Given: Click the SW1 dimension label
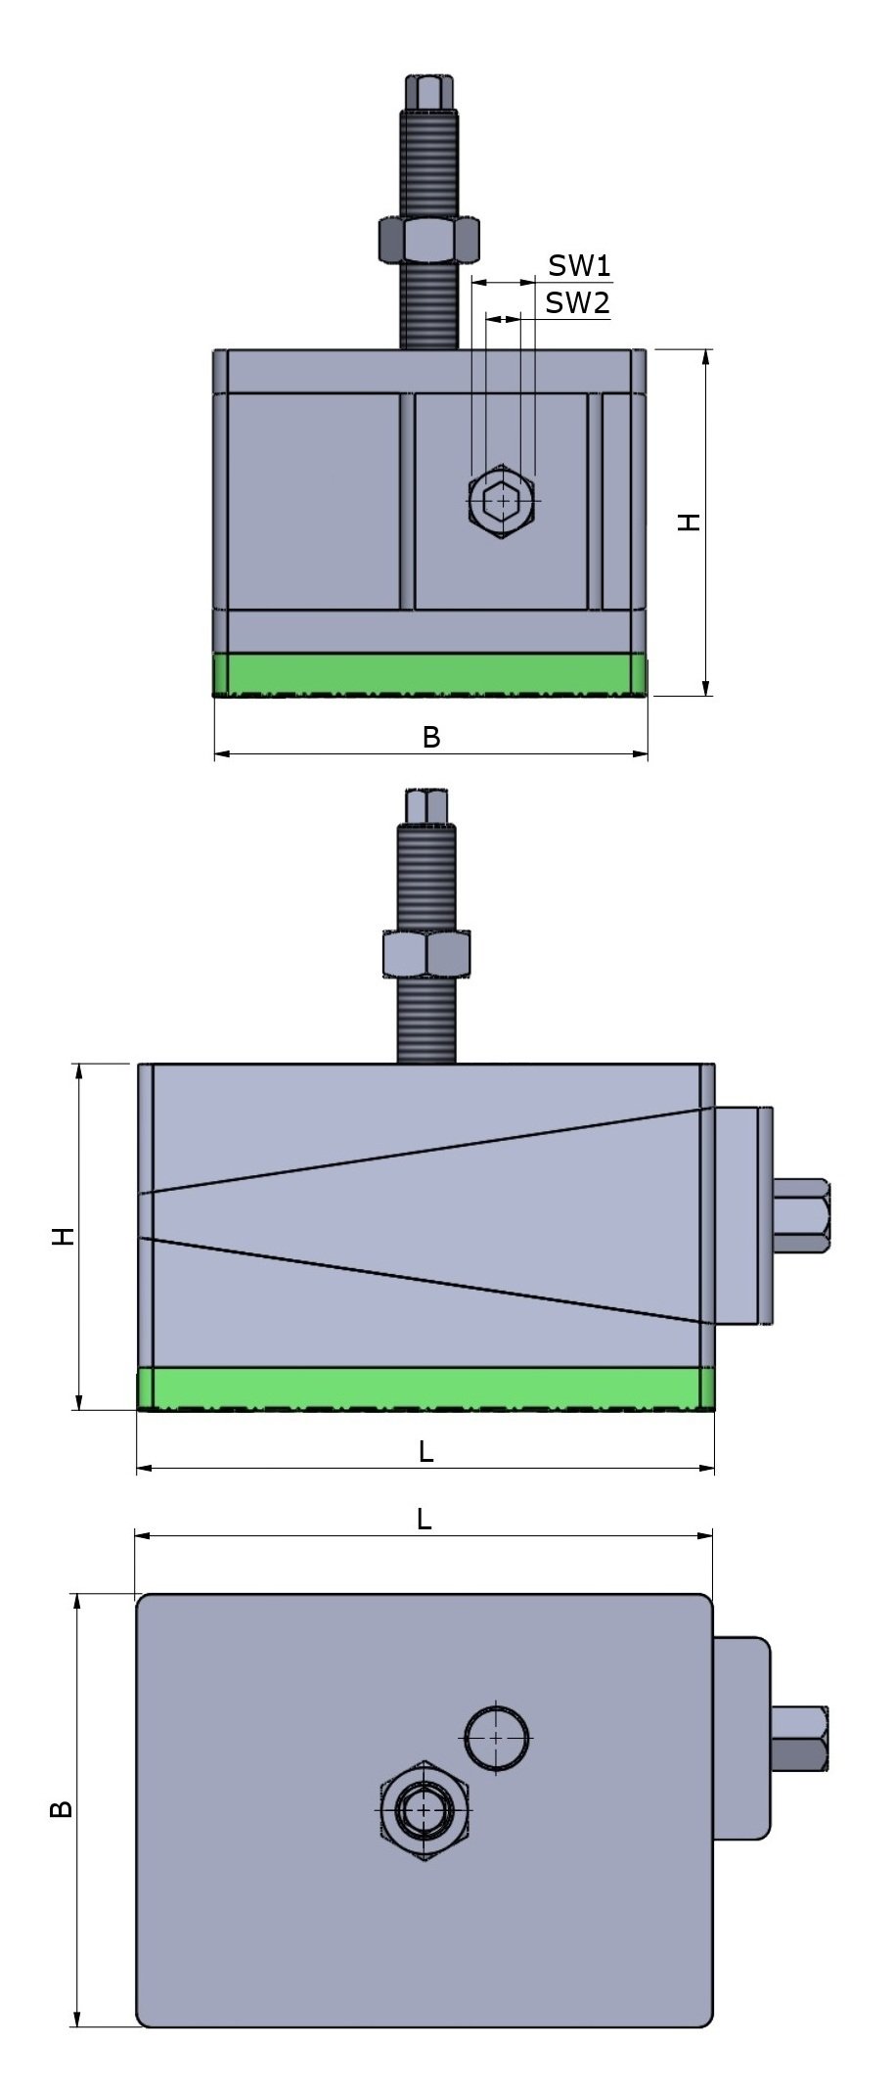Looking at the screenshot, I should [579, 265].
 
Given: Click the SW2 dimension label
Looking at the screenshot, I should [577, 302].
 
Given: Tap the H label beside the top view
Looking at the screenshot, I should [690, 523].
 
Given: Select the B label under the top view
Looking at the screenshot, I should [430, 738].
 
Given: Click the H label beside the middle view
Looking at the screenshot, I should [64, 1236].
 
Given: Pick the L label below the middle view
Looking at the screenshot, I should [425, 1452].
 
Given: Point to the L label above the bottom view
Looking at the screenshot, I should [424, 1519].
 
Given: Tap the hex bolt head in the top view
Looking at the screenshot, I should [502, 502].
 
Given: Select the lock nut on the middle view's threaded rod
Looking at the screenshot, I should [425, 954].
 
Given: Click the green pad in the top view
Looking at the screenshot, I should [430, 674].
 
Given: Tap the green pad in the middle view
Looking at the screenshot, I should [425, 1387].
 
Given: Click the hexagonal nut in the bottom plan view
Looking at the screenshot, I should [424, 1810].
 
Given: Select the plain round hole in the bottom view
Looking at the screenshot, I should [497, 1738].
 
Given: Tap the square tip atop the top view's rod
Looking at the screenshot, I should [429, 92].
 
